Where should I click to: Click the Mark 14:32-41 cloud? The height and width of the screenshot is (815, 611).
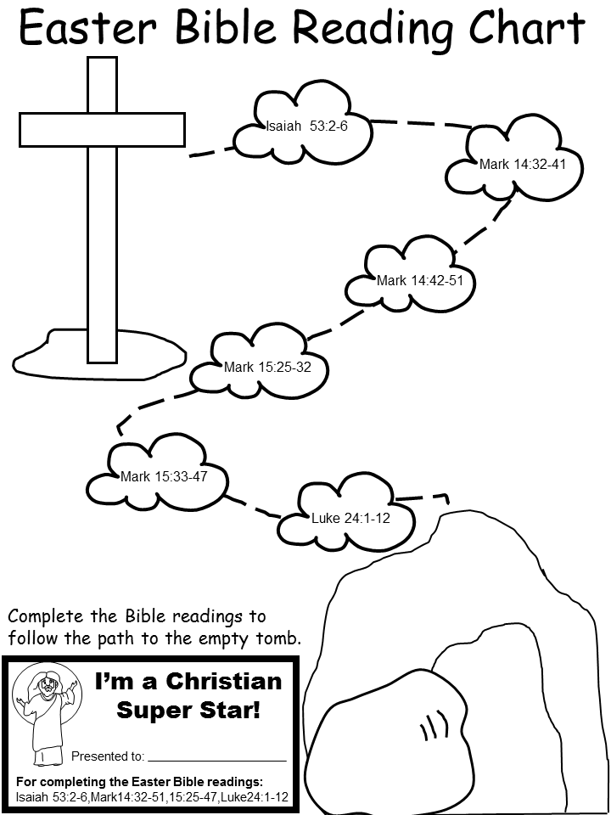(516, 163)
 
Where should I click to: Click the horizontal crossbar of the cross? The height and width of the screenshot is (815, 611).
(101, 130)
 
